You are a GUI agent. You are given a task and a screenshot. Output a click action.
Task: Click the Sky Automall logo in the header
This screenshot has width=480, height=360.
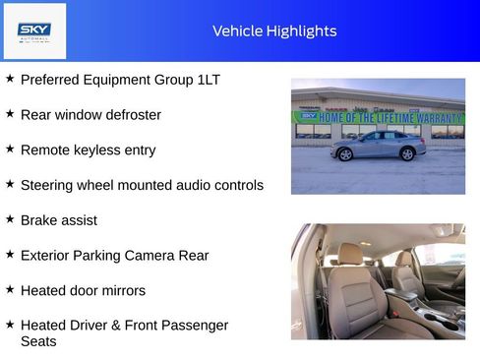34,30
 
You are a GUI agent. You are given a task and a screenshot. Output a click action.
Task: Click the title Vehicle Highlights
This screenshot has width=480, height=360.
274,31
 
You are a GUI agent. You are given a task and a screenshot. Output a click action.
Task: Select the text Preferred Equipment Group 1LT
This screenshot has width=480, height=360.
120,80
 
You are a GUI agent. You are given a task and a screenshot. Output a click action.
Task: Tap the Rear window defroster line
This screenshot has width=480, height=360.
90,115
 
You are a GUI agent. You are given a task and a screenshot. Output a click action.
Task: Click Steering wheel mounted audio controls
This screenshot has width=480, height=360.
142,185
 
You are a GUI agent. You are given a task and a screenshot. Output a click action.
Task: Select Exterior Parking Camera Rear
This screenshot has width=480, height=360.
114,256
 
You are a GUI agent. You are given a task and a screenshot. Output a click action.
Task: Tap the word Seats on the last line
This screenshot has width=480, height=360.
38,341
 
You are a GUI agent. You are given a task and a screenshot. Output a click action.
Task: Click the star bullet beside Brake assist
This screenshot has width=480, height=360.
10,219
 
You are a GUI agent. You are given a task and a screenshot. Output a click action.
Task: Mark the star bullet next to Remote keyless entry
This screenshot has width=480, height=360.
10,150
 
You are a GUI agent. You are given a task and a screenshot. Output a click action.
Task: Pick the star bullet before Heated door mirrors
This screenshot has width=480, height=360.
10,289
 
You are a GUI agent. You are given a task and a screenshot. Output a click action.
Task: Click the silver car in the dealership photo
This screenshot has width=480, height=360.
378,145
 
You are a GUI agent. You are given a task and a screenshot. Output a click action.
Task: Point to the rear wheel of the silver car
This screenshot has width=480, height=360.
407,153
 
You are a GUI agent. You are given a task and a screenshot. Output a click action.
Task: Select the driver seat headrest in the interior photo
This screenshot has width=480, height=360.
350,254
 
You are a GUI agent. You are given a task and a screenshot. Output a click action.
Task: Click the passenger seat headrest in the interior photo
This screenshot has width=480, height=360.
405,258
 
